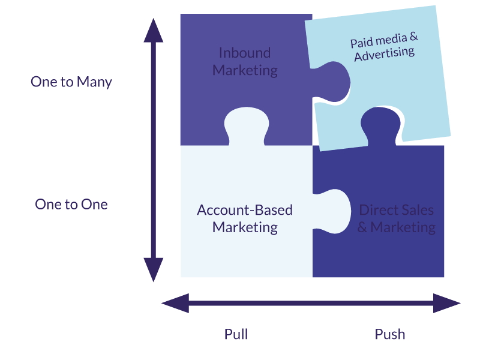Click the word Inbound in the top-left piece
(245, 53)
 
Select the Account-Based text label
(245, 210)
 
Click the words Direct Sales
(396, 210)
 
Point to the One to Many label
(71, 82)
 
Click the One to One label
(71, 204)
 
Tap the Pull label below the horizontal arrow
(236, 334)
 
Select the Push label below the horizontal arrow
(390, 334)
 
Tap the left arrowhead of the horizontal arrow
(175, 303)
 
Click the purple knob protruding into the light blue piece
(336, 81)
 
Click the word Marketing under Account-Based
(245, 227)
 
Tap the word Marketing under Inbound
(245, 70)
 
